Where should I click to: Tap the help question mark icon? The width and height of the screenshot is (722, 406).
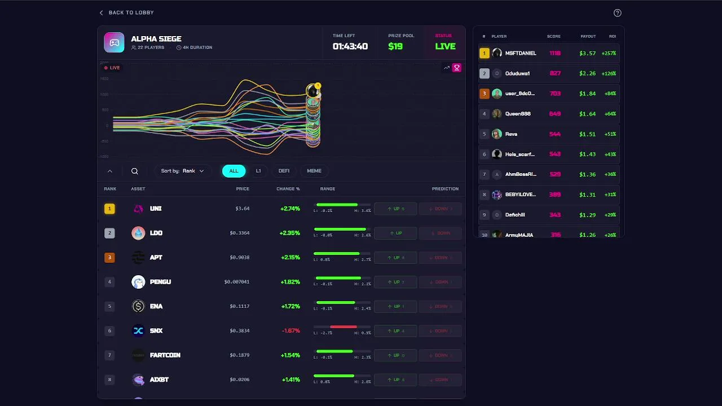617,13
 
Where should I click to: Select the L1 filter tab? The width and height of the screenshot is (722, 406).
258,171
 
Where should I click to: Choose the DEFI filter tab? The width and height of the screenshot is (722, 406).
284,171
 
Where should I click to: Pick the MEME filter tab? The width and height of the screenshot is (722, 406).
314,171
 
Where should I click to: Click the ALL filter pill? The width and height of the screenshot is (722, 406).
234,171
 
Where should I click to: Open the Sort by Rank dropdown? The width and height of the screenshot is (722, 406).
183,171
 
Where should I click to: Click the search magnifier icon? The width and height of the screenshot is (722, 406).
135,171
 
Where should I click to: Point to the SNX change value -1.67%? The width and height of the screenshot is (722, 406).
290,331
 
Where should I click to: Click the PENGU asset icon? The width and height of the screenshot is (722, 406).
138,282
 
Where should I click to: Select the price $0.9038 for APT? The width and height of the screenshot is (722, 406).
239,258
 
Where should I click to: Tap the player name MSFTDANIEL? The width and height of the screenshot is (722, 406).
521,54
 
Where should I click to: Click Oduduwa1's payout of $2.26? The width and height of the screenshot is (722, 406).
587,73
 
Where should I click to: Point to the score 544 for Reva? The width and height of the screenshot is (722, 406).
555,134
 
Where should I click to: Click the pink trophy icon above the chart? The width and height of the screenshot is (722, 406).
457,68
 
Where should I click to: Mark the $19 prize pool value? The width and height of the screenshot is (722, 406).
395,46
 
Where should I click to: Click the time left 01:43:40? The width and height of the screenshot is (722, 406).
350,46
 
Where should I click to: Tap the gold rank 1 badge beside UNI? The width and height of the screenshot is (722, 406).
109,209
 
